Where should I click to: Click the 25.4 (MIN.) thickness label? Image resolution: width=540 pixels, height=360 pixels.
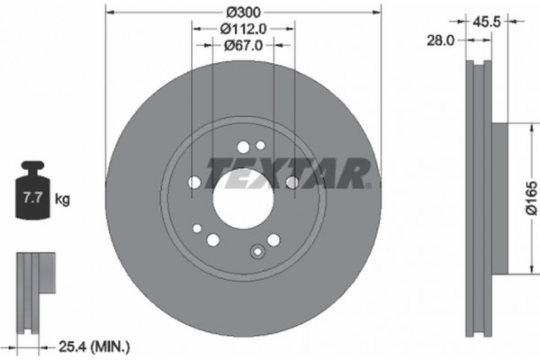pos(93,346)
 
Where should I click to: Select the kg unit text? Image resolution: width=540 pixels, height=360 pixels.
pos(62,194)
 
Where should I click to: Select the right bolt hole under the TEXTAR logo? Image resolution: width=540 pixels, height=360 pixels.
pos(292,183)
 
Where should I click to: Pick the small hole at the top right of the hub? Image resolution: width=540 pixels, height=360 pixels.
pos(260,146)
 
